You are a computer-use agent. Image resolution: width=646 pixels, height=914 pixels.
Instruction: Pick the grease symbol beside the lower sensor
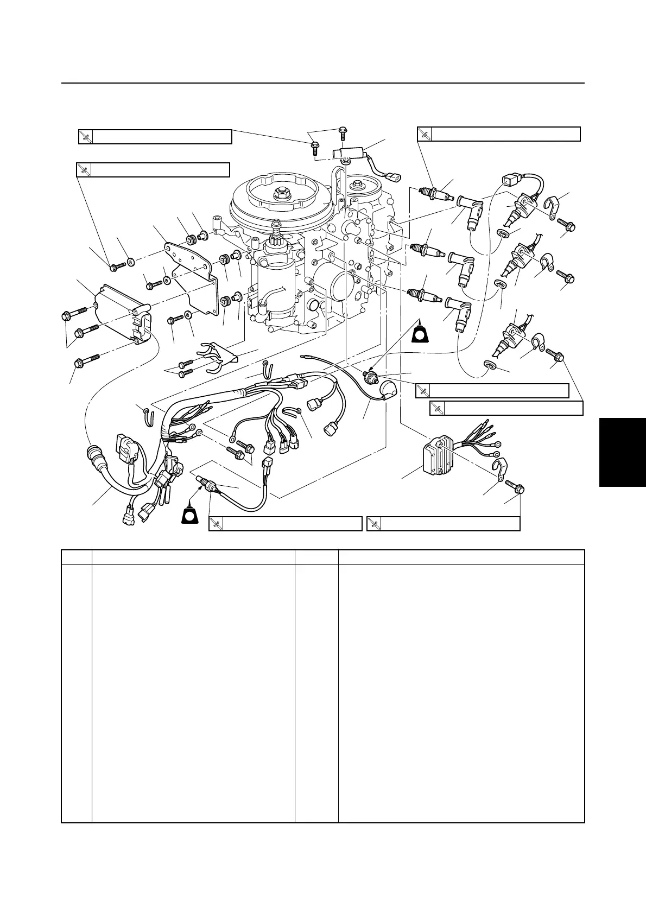[191, 513]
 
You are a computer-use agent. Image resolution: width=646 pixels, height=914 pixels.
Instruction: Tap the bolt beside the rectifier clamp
[515, 487]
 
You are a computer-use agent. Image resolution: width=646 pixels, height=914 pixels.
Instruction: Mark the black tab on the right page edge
[623, 452]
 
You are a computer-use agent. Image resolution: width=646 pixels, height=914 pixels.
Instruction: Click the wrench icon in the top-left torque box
[86, 137]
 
